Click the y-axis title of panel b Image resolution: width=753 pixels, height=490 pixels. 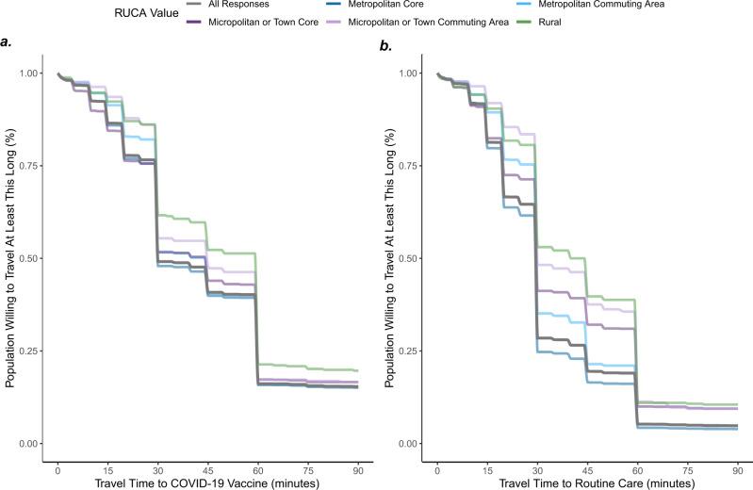tap(386, 259)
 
